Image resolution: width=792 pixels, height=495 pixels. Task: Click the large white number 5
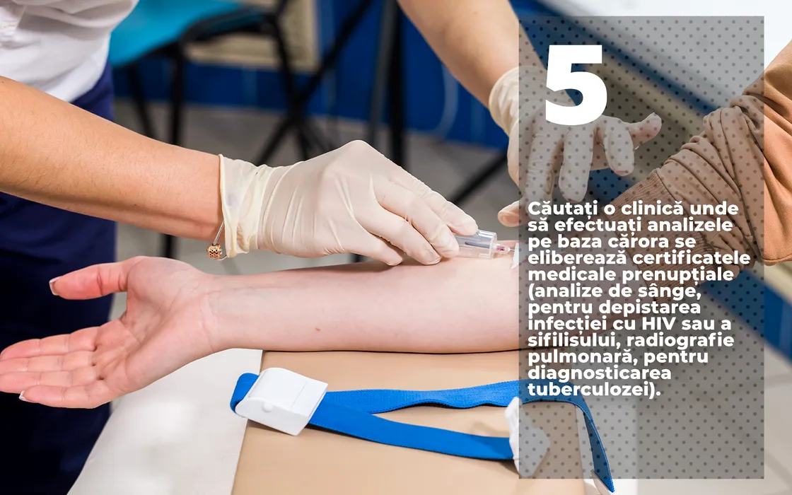[576, 85]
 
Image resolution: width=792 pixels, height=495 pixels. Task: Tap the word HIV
[656, 322]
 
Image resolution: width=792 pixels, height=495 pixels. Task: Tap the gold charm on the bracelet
[216, 251]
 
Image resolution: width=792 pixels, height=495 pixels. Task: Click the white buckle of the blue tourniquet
[281, 400]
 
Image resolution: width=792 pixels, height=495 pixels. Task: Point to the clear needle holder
[478, 245]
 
